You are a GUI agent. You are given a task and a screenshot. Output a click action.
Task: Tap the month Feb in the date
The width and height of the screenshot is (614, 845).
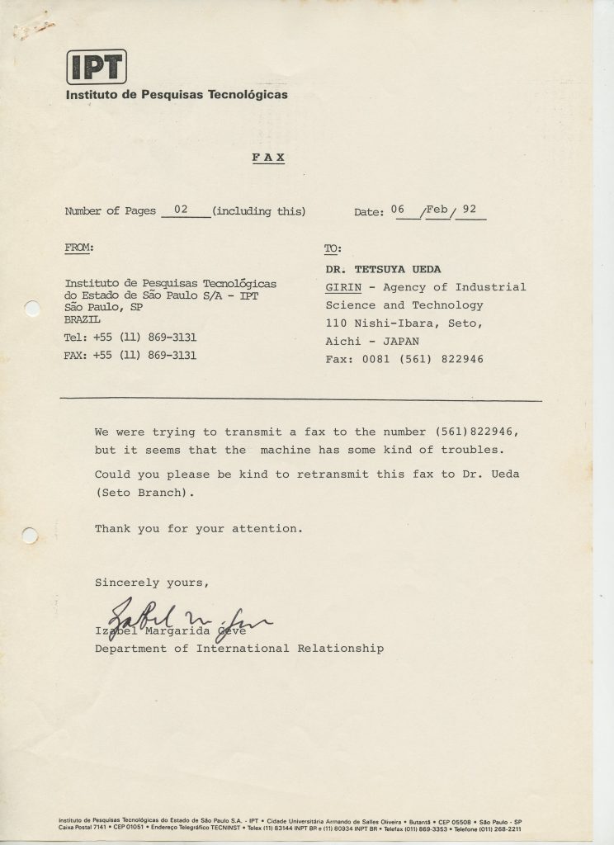437,210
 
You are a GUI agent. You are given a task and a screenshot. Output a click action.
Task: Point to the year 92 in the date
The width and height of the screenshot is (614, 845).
470,210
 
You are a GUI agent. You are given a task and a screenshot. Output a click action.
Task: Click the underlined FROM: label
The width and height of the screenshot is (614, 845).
79,247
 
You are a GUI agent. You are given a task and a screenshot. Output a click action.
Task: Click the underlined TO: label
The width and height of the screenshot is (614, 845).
333,248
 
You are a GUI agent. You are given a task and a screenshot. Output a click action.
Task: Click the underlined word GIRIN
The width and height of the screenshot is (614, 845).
341,287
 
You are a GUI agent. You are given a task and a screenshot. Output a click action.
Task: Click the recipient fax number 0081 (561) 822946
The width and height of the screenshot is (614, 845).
421,359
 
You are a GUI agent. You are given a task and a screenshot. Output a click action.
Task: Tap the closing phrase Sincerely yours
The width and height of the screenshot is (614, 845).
152,583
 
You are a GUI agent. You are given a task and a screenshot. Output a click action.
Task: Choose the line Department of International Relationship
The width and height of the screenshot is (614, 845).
239,649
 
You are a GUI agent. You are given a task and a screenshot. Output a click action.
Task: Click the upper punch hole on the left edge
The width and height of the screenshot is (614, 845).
32,309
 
